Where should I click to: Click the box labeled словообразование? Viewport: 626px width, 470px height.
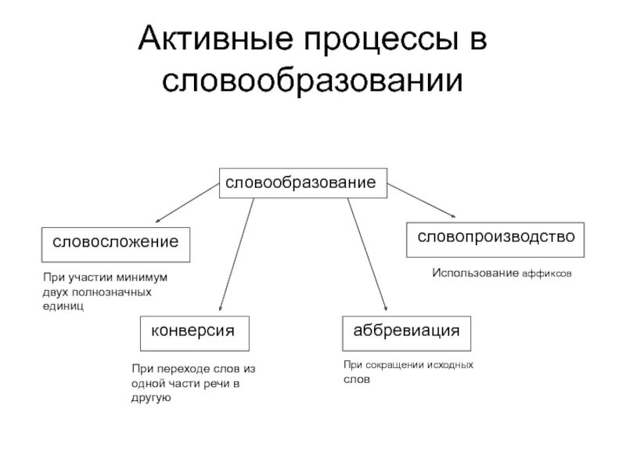pyautogui.click(x=301, y=183)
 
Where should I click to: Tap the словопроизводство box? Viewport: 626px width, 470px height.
pyautogui.click(x=495, y=237)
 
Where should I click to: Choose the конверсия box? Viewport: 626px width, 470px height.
pyautogui.click(x=194, y=331)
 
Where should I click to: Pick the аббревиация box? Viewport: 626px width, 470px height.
pyautogui.click(x=406, y=331)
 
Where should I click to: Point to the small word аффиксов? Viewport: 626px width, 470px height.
pyautogui.click(x=547, y=275)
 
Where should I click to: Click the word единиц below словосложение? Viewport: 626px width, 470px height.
pyautogui.click(x=63, y=305)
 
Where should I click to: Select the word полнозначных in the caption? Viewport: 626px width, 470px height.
pyautogui.click(x=109, y=291)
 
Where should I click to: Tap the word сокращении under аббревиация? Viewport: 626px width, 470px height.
pyautogui.click(x=394, y=365)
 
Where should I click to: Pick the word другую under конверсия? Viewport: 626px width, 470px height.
pyautogui.click(x=151, y=397)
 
